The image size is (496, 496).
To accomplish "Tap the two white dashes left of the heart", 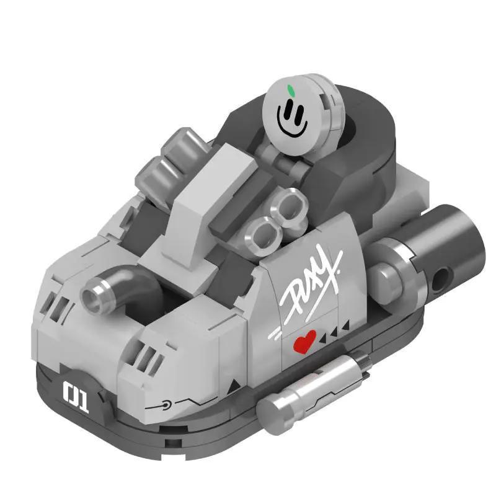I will pyautogui.click(x=277, y=335).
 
